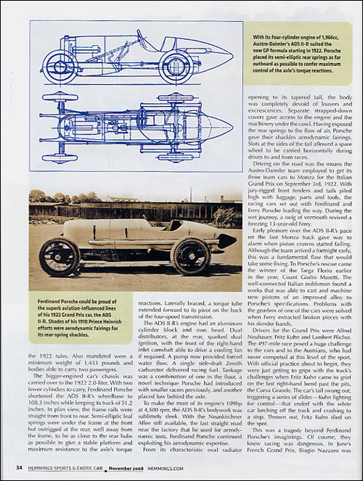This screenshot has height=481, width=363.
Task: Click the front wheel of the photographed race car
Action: pos(60,256)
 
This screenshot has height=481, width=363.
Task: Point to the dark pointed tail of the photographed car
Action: pos(228,240)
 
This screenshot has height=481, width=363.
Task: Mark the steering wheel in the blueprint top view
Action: pos(142,118)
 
